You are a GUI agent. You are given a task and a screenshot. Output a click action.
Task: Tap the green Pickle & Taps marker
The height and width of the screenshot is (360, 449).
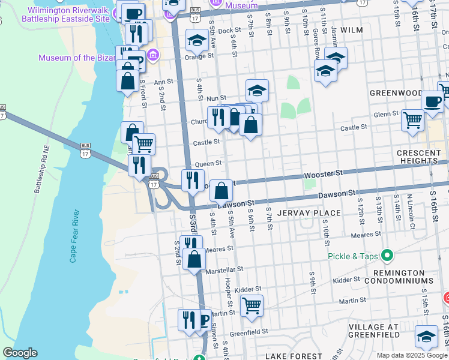click(387, 256)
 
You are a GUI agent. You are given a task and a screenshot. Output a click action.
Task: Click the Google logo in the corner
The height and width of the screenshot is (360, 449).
click(20, 353)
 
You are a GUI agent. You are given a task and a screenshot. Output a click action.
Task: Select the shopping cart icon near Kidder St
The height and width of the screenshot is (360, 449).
click(252, 305)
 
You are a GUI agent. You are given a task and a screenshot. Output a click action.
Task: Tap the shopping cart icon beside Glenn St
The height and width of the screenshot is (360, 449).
click(412, 119)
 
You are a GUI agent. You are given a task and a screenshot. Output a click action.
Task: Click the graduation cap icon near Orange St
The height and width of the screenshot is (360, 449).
click(197, 40)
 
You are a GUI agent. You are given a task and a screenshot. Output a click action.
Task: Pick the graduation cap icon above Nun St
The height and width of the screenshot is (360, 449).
click(257, 90)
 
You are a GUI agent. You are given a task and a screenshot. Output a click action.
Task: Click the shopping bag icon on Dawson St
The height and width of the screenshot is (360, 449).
click(221, 190)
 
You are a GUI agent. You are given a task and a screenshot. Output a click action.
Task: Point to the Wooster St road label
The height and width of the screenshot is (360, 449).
click(323, 173)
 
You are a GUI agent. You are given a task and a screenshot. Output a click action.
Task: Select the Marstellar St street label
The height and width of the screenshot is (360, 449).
click(224, 270)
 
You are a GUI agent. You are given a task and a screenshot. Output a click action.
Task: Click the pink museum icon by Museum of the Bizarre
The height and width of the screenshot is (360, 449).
click(153, 56)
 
